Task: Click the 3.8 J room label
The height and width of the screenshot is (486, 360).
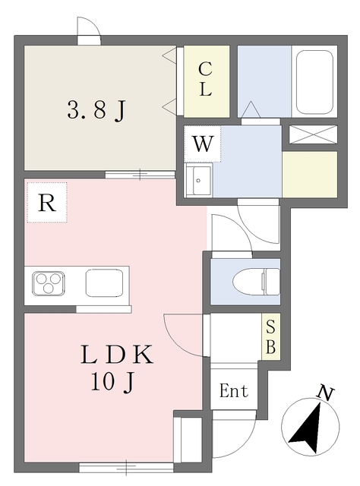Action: (97, 111)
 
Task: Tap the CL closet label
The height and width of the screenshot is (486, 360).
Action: (205, 78)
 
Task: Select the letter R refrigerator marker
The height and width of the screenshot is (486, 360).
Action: (46, 203)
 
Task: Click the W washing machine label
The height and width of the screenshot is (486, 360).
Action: (201, 144)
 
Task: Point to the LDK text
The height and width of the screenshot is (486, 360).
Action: (118, 355)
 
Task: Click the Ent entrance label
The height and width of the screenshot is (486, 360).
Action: (234, 393)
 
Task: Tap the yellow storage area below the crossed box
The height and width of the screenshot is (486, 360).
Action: (309, 175)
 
